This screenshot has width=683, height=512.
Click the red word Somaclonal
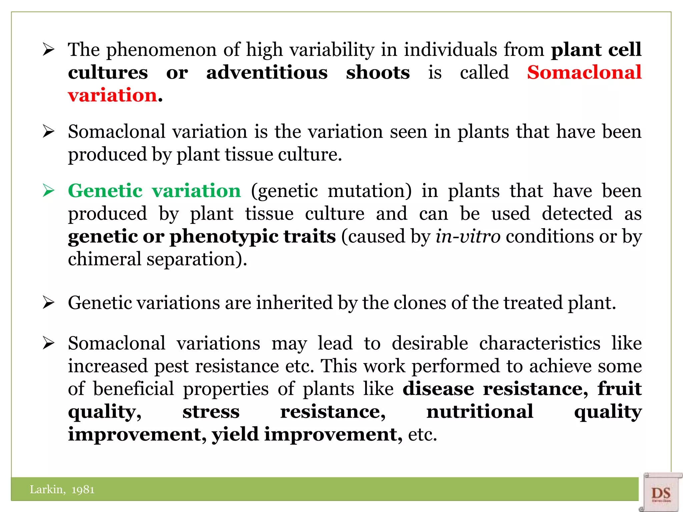(584, 72)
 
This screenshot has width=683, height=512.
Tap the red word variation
(112, 95)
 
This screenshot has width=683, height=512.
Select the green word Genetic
(105, 191)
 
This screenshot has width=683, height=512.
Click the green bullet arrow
(49, 191)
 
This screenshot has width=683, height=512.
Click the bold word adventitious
(267, 72)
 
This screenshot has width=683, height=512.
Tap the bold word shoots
(378, 72)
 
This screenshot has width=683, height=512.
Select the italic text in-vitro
(468, 237)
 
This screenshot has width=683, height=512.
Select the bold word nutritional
(480, 412)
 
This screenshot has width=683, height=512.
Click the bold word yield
(235, 434)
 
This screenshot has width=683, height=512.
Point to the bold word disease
(438, 389)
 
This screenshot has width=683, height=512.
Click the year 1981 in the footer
(83, 490)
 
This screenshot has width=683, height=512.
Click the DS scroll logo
(660, 492)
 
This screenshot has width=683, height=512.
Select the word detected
(577, 214)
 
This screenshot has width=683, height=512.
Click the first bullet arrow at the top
(49, 50)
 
